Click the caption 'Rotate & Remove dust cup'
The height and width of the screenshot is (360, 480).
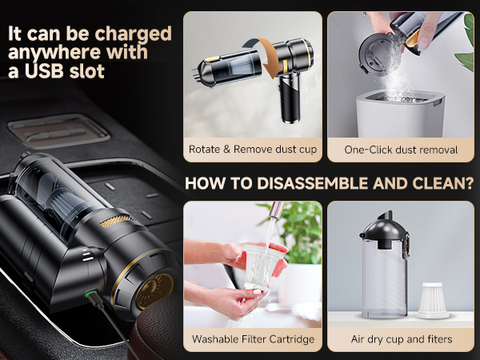(252, 149)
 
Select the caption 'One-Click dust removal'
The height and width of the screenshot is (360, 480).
(401, 149)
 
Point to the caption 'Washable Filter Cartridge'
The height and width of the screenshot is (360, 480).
(252, 339)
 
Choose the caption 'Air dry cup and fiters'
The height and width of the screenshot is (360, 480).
(401, 339)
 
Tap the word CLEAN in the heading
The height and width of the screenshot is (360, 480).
(432, 183)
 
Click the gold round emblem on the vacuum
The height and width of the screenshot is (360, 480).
(154, 290)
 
